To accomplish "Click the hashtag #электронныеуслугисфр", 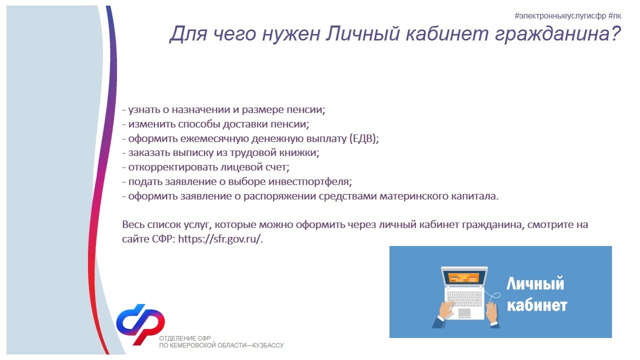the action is coord(560,16).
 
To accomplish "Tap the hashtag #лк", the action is coord(614,16).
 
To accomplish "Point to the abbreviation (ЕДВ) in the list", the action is coord(363,138).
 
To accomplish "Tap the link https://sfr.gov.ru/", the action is coord(219,239).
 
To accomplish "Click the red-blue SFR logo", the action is coord(140,324).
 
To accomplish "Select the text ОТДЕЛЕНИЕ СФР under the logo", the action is coord(185,338).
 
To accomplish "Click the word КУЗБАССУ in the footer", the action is coord(268,345).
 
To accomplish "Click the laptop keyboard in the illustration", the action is coord(464,299).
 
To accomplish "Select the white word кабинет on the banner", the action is coord(537,305).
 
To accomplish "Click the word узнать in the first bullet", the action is coord(143,110).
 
